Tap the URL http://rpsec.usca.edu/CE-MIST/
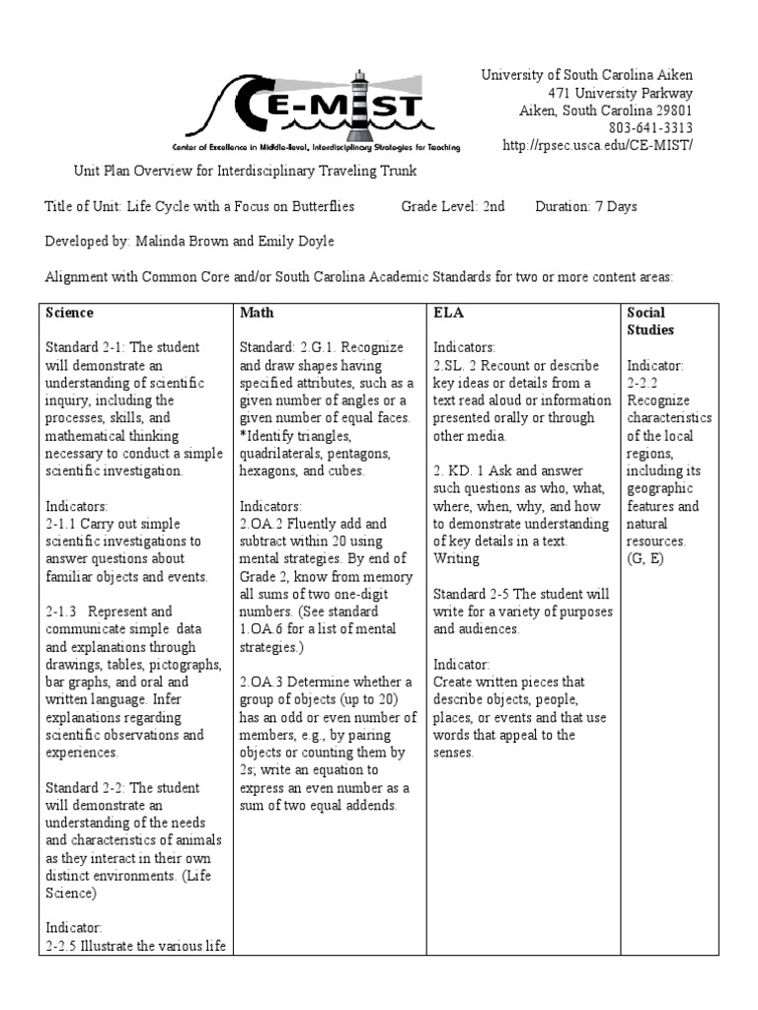[x=604, y=146]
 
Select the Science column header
[x=70, y=313]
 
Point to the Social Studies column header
[x=650, y=321]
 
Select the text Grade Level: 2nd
[x=453, y=206]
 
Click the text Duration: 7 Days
[x=586, y=206]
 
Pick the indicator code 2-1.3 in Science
[x=63, y=612]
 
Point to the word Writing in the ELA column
[x=456, y=558]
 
